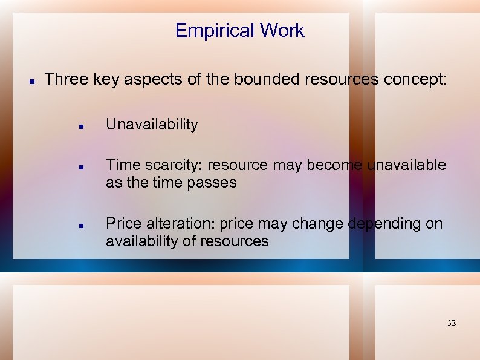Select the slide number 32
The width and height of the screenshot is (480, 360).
tap(451, 323)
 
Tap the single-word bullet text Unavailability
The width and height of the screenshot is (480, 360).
tap(152, 125)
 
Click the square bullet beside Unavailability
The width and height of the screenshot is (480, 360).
tap(80, 126)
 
